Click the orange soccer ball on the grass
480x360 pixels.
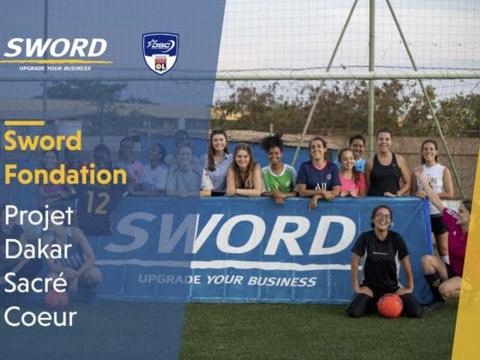(x=390, y=305)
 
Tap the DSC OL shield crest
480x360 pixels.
(x=160, y=53)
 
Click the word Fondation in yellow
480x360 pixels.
(x=65, y=174)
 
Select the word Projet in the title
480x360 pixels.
(x=39, y=216)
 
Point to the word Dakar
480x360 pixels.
(x=38, y=249)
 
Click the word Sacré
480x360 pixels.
(x=36, y=282)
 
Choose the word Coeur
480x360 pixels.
(x=40, y=316)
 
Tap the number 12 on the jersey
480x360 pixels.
(x=98, y=202)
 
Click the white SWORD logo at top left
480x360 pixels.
(x=56, y=48)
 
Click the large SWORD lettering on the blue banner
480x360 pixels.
(x=231, y=234)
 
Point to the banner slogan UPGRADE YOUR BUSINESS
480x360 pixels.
(x=227, y=279)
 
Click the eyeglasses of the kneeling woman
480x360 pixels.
(x=383, y=216)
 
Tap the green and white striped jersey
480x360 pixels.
(x=279, y=179)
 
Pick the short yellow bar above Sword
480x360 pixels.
(x=25, y=123)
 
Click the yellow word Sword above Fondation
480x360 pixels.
(x=43, y=141)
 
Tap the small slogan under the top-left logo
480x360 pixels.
(x=55, y=69)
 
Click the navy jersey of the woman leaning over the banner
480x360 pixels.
(x=318, y=177)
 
